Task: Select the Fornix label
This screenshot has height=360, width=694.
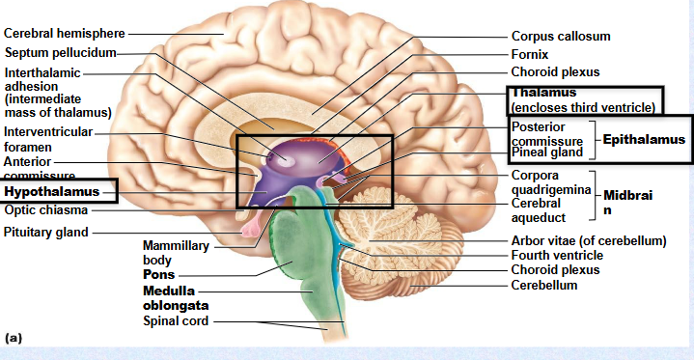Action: [x=530, y=54]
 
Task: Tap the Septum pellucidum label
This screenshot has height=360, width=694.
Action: [x=60, y=51]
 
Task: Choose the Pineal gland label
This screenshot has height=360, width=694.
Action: [x=547, y=152]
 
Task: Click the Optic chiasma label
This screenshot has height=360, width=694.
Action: [x=45, y=209]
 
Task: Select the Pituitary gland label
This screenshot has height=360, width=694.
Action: [x=46, y=232]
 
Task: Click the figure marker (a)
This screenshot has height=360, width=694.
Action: [x=14, y=338]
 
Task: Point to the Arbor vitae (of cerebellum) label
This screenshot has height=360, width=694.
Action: [x=589, y=239]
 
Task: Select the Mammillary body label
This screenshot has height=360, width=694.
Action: [x=175, y=253]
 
